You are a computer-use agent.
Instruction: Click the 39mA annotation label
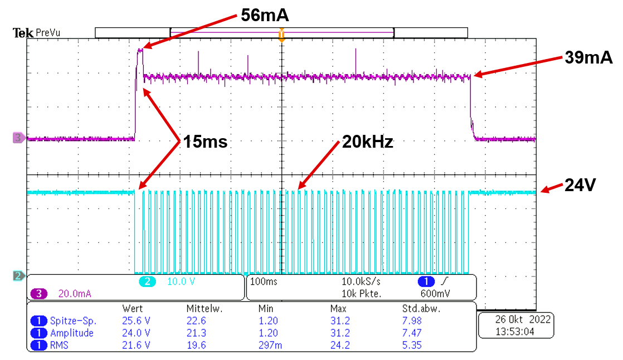coord(589,57)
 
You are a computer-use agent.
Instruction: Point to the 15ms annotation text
coord(203,142)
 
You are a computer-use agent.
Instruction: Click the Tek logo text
coord(23,33)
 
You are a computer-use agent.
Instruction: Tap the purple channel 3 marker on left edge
coord(17,137)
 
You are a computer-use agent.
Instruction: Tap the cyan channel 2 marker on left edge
coord(17,275)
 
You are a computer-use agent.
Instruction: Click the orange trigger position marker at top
coord(281,35)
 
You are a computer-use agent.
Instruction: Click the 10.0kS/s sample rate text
coord(361,282)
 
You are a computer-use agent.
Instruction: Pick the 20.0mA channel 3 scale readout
coord(72,294)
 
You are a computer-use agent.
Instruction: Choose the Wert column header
coord(132,308)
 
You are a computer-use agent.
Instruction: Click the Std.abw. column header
coord(417,308)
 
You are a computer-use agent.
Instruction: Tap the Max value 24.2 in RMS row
coord(340,345)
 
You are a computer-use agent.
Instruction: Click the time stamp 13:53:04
coord(515,331)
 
